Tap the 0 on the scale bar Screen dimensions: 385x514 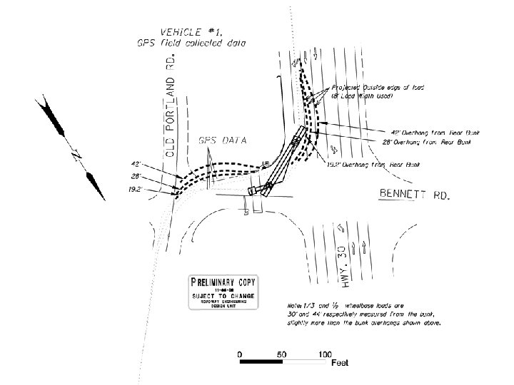240,354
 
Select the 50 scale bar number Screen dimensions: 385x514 283,354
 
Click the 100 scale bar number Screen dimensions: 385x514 325,354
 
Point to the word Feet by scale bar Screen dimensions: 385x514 339,364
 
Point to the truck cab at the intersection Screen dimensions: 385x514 253,190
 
